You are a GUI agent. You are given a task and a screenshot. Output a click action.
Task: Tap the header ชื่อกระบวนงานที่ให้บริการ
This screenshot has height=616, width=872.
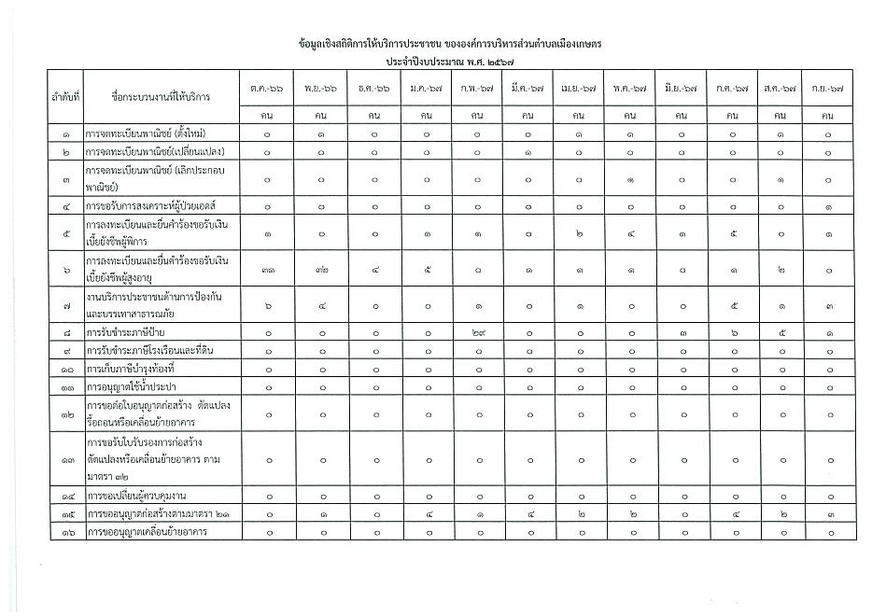161,96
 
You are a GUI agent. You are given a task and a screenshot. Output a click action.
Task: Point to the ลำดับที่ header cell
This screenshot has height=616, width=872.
65,96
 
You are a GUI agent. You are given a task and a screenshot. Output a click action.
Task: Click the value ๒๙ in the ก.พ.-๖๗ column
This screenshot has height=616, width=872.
476,331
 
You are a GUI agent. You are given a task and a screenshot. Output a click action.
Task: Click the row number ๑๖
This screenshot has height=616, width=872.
65,532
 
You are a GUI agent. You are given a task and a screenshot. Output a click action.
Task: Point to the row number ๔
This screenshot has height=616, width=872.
65,204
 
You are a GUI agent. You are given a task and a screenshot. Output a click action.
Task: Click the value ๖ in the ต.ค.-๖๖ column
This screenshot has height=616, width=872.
268,304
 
